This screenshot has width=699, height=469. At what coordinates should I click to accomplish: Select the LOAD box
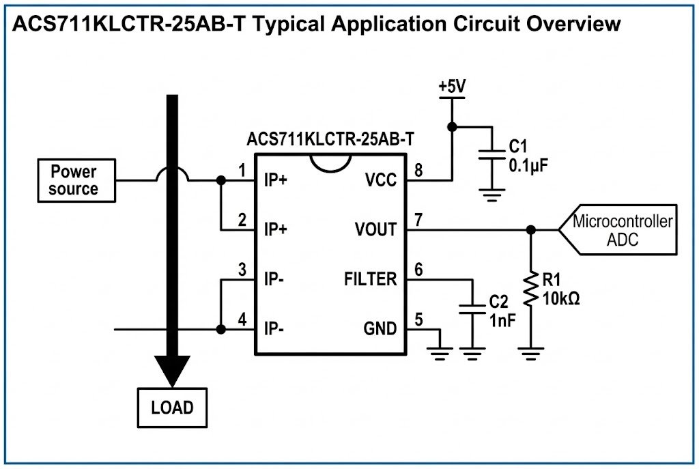[x=172, y=408]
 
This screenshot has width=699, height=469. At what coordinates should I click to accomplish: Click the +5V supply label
[x=451, y=87]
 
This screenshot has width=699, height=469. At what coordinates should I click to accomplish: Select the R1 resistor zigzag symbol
[x=530, y=290]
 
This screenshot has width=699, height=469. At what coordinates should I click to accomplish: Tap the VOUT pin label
[x=375, y=229]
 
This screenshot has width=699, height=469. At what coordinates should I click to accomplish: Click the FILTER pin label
[x=370, y=279]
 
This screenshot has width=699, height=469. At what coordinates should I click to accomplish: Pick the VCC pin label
[x=380, y=180]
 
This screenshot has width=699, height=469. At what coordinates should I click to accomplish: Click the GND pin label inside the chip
[x=380, y=329]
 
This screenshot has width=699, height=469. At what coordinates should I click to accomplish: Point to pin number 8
[x=418, y=170]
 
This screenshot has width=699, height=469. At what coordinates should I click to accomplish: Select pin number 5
[x=418, y=319]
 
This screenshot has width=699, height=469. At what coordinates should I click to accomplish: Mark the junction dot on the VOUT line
[x=530, y=230]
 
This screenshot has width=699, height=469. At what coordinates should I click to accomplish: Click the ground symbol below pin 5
[x=440, y=352]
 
